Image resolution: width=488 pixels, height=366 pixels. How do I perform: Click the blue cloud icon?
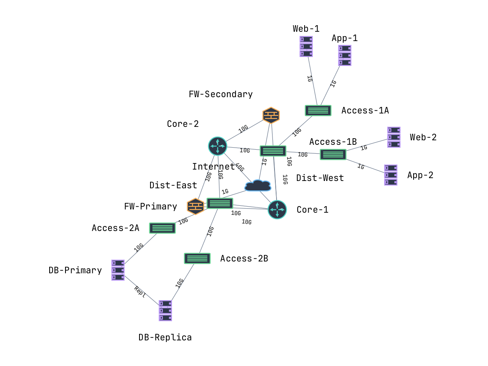point(258,186)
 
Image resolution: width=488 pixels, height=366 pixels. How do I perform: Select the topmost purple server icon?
point(306,46)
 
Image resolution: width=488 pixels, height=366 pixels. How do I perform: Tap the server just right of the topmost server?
point(345,55)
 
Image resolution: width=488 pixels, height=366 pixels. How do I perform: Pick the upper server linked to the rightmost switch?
point(394,137)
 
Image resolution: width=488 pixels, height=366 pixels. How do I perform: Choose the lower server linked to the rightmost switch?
point(391,175)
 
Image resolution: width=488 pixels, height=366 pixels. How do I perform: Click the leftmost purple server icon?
point(118,270)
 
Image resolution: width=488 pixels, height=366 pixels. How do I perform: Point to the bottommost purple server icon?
point(165,311)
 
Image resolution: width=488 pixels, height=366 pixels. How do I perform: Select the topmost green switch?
point(318,111)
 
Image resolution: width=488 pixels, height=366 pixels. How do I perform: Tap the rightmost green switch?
point(333,155)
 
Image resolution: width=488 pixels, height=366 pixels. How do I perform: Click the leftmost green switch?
point(162,228)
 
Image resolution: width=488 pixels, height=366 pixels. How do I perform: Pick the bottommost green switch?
point(197,259)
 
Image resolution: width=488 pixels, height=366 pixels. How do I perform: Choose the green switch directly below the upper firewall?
point(273,151)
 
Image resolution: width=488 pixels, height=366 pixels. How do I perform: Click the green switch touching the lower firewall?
point(220,203)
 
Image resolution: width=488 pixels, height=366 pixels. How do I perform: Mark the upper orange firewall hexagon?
point(271,115)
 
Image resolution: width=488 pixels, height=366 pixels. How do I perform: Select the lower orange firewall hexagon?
point(196,207)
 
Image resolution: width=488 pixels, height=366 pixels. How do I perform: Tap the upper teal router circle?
point(218,146)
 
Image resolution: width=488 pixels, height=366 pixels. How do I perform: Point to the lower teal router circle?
point(277,209)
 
